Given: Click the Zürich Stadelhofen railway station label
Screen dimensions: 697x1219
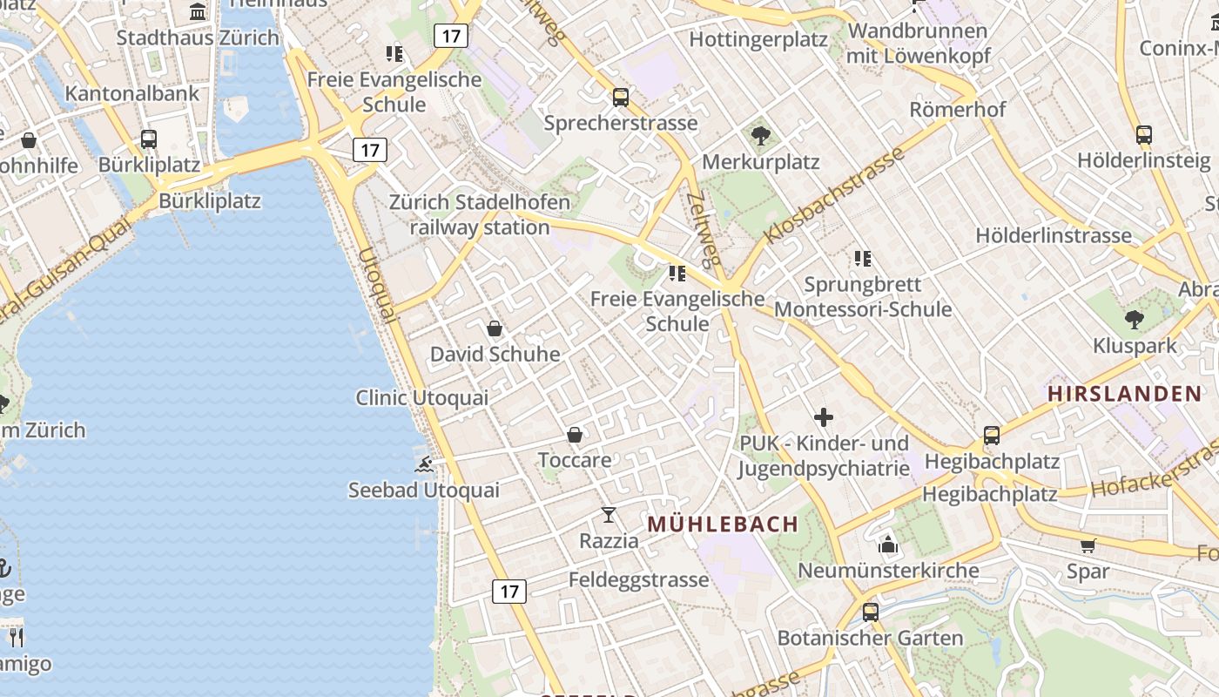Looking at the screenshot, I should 480,215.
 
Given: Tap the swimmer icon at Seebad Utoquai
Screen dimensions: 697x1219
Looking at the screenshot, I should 424,464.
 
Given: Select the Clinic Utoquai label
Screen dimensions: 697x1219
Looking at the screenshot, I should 421,398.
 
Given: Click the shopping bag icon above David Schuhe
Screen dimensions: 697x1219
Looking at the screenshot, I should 495,328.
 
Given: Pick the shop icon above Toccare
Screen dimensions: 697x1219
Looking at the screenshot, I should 575,434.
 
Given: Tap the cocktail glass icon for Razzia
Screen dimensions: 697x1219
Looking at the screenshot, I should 609,515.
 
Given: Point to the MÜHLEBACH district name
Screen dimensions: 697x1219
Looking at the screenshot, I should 723,524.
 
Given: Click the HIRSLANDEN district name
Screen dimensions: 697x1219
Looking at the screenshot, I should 1124,394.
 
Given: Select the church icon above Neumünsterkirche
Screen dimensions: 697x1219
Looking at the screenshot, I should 888,545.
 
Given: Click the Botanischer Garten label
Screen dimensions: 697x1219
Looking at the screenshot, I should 870,639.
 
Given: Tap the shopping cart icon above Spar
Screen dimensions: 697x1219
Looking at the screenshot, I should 1088,546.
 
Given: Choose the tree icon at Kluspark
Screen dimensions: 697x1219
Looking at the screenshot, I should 1134,320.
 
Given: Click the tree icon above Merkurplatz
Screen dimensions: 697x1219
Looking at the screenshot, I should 760,136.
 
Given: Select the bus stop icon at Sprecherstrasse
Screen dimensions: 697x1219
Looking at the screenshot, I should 621,97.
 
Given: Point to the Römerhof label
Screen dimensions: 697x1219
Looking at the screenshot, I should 957,110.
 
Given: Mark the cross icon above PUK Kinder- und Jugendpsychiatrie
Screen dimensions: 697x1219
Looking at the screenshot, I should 823,417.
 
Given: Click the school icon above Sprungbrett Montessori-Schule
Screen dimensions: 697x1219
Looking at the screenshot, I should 863,258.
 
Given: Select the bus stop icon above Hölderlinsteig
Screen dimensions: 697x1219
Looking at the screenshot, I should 1143,135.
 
